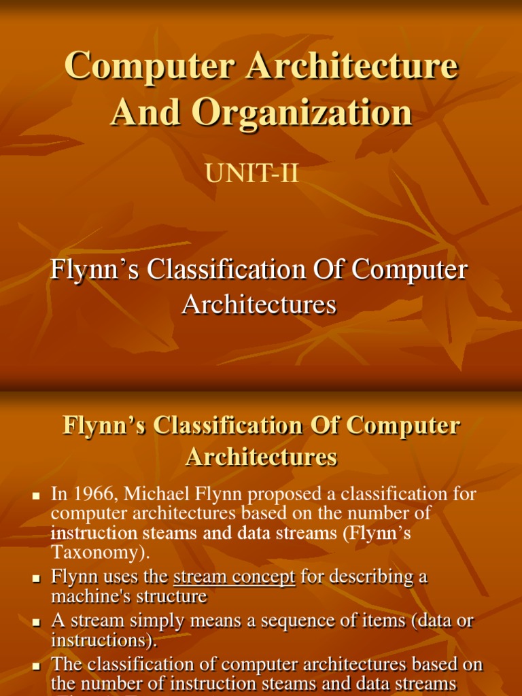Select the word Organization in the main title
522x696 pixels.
[x=301, y=112]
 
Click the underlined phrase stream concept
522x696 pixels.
[x=234, y=577]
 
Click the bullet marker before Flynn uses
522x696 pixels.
[x=38, y=579]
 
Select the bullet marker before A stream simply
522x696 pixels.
[x=38, y=623]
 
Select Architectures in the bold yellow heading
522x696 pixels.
[x=261, y=457]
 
